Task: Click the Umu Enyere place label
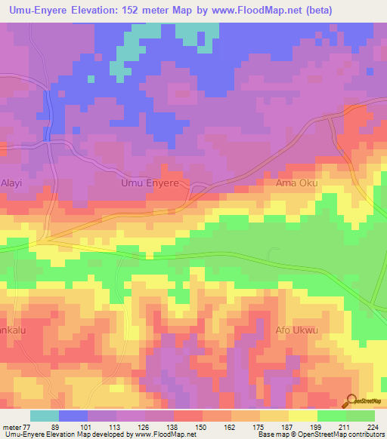(x=150, y=183)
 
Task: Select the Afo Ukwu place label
(x=296, y=330)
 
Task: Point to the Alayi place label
(x=12, y=183)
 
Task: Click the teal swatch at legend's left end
(x=44, y=416)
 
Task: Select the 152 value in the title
(x=138, y=8)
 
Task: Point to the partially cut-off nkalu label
(x=11, y=330)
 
